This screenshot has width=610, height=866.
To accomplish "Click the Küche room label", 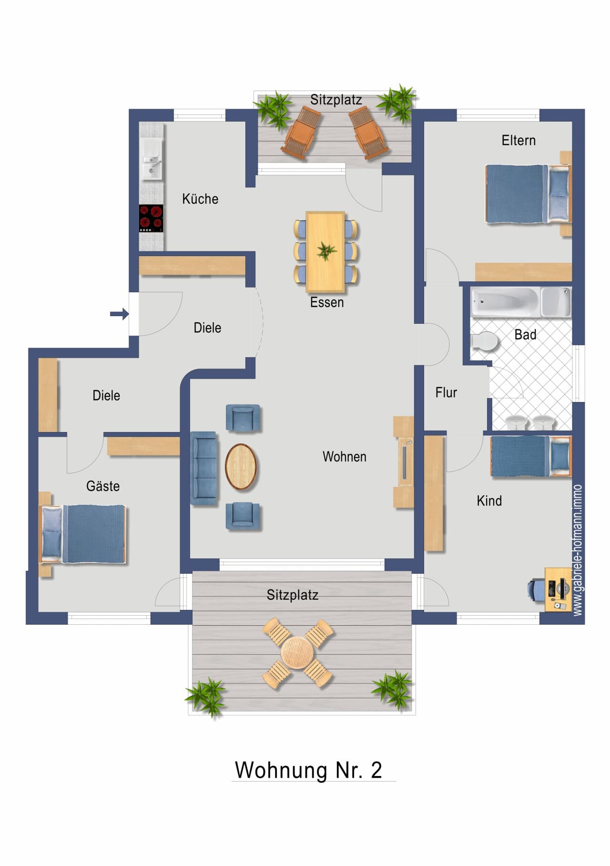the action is [200, 198].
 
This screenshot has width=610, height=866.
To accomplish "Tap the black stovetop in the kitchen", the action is [151, 218].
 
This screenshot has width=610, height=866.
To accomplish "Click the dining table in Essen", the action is [325, 251].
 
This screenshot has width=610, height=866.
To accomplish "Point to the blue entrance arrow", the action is [119, 313].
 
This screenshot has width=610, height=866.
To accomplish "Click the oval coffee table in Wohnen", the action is [241, 467].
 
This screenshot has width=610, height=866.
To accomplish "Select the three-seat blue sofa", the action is [204, 468].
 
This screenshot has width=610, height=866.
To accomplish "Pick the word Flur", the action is [446, 392].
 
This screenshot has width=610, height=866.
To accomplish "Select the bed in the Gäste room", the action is [83, 534].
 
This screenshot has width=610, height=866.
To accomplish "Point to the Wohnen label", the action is [345, 456].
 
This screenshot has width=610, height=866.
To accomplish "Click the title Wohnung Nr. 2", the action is [309, 770].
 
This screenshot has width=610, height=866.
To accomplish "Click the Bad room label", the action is [525, 334].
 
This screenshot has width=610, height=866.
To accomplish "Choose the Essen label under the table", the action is [327, 302].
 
